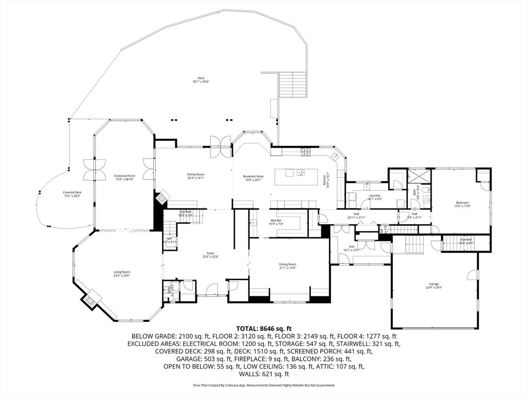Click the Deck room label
pyautogui.click(x=201, y=78)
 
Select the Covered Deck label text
pyautogui.click(x=72, y=192)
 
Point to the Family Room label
pyautogui.click(x=195, y=175)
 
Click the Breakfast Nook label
pyautogui.click(x=253, y=177)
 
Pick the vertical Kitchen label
pyautogui.click(x=325, y=180)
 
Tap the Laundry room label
pyautogui.click(x=374, y=196)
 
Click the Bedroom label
pyautogui.click(x=462, y=203)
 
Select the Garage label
pyautogui.click(x=434, y=284)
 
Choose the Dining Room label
pyautogui.click(x=288, y=265)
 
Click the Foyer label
pyautogui.click(x=210, y=253)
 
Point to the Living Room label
pyautogui.click(x=122, y=272)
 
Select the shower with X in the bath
pyautogui.click(x=419, y=177)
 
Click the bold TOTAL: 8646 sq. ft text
pyautogui.click(x=264, y=328)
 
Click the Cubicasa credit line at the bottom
pyautogui.click(x=264, y=385)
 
